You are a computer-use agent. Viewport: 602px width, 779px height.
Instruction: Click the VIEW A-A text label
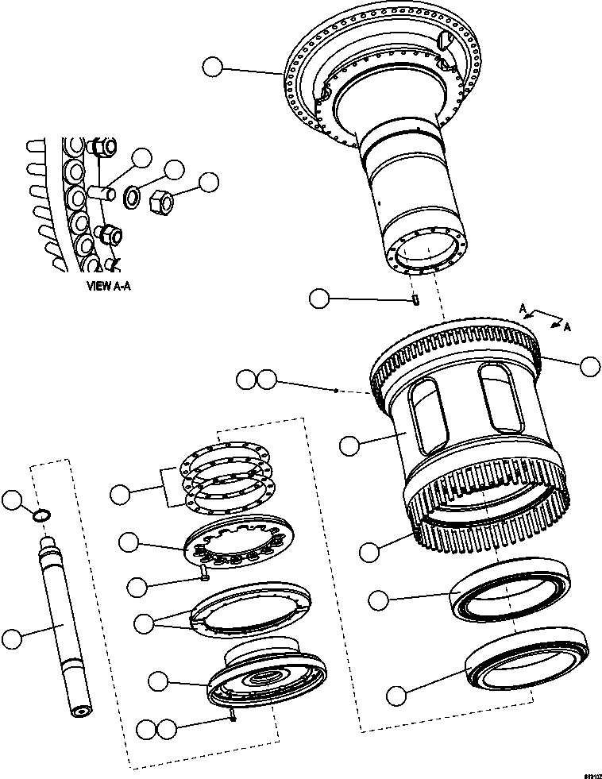pos(108,286)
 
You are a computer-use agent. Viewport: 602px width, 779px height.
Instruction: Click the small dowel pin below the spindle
pos(415,299)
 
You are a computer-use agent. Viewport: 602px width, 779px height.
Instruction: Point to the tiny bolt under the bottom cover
pos(231,717)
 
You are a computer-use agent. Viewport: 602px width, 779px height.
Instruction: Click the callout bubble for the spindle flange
pos(212,67)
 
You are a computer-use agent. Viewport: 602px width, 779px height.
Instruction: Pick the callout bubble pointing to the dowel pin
pos(319,299)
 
